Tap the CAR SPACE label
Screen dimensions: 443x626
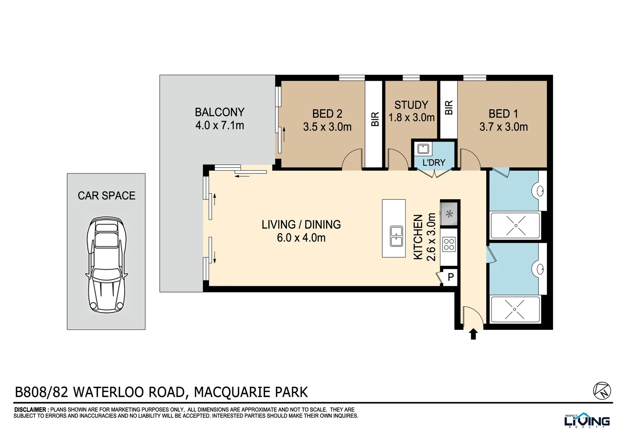(107, 196)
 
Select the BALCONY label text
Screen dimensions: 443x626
(220, 112)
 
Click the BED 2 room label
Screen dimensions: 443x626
(327, 114)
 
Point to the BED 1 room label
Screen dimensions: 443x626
(503, 114)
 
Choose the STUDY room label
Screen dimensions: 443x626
(411, 105)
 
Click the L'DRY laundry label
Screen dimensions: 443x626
(433, 163)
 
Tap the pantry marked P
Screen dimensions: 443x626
(451, 277)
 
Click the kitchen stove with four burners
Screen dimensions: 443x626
(449, 244)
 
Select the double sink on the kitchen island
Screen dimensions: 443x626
(396, 236)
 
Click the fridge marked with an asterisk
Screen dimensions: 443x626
(449, 214)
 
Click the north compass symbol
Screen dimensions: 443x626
(602, 390)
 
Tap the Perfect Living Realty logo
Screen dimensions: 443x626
(587, 420)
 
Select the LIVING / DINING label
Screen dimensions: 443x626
(301, 224)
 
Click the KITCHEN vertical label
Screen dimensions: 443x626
(418, 237)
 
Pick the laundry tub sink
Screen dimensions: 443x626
(423, 148)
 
